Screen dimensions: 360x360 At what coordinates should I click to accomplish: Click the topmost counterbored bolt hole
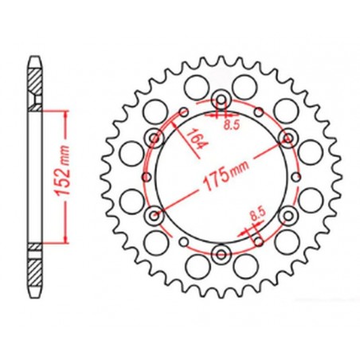(x=221, y=100)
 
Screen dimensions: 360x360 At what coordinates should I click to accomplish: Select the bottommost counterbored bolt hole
(x=221, y=254)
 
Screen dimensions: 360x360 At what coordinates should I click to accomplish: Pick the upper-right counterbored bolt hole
(x=288, y=138)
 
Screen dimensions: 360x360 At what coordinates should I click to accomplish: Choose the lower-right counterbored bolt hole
(x=288, y=215)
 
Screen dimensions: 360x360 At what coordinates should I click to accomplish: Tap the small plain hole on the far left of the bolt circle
(x=144, y=177)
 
